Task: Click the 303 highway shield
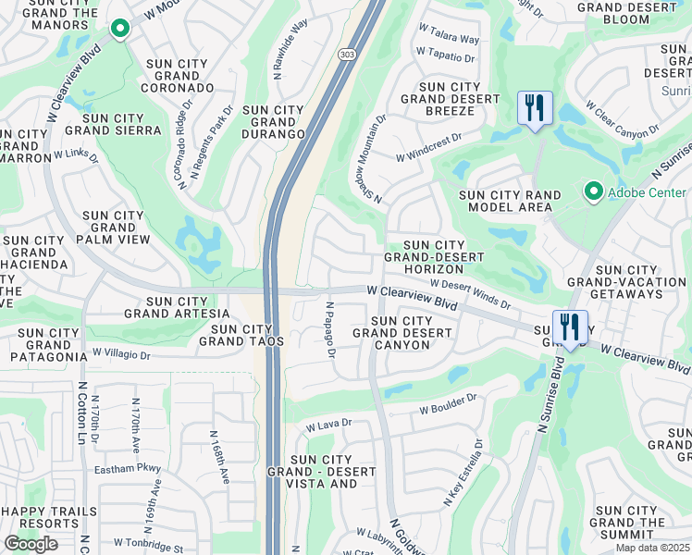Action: click(344, 55)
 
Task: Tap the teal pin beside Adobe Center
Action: click(594, 192)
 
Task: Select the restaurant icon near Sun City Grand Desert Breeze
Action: click(534, 109)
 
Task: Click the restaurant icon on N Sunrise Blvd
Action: click(569, 327)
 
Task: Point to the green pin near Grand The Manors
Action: click(119, 30)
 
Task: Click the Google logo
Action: click(31, 544)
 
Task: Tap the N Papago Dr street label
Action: click(329, 329)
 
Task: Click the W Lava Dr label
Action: click(329, 425)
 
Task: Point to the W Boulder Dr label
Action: click(448, 403)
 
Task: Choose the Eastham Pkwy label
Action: click(129, 469)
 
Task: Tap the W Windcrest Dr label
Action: click(428, 147)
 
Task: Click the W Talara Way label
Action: click(449, 40)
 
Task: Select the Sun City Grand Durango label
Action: click(273, 122)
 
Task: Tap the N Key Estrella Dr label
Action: click(464, 473)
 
